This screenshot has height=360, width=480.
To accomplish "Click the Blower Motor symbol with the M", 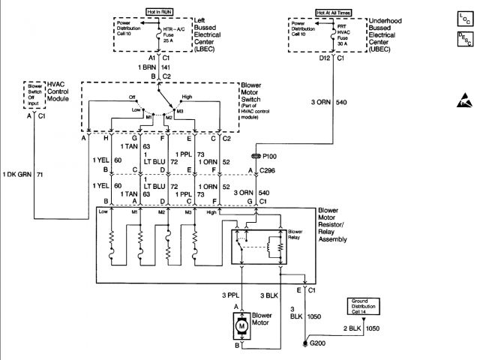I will pos(241,325).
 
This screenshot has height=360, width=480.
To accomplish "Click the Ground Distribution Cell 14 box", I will pos(364,306).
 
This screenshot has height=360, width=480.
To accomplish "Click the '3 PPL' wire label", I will pos(230,294).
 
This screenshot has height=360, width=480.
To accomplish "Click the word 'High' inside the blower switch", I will pos(186,97).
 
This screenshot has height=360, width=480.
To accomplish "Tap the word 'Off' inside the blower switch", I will pos(133,97).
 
